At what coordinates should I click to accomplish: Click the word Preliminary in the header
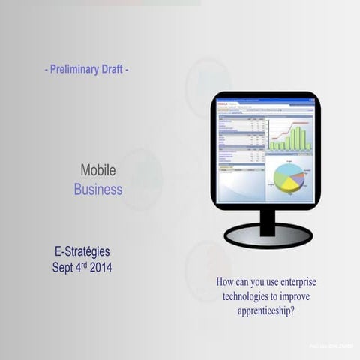click(76, 69)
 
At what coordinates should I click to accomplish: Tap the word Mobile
click(97, 171)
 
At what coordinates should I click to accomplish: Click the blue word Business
click(97, 190)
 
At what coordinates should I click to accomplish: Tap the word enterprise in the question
click(311, 283)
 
